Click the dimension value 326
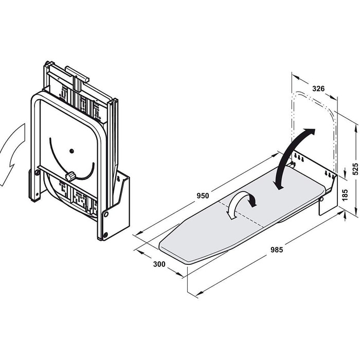pos(318,88)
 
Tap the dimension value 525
pos(355,169)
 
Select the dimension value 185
pos(345,195)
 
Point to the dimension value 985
pos(277,249)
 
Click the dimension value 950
pos(203,196)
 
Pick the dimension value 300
pos(159,264)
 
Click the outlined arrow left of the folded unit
pos(12,153)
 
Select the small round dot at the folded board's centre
pos(71,151)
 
